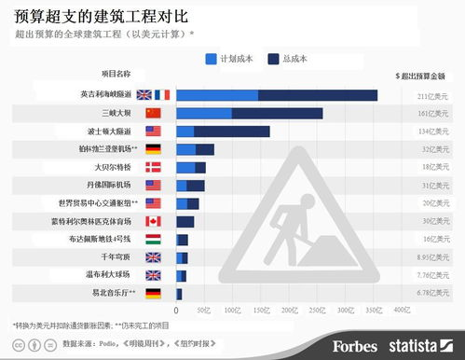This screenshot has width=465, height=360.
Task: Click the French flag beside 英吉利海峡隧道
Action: click(x=162, y=95)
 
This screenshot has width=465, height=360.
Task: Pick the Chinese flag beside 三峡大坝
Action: click(x=154, y=113)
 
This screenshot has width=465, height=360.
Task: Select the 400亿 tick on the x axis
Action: click(x=402, y=309)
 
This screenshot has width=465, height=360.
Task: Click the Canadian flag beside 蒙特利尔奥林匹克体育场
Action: click(x=154, y=221)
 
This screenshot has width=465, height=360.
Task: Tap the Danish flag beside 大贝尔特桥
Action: click(x=154, y=167)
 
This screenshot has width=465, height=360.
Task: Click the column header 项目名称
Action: click(x=116, y=73)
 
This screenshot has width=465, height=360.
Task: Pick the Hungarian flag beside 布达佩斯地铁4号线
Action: click(x=154, y=240)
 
